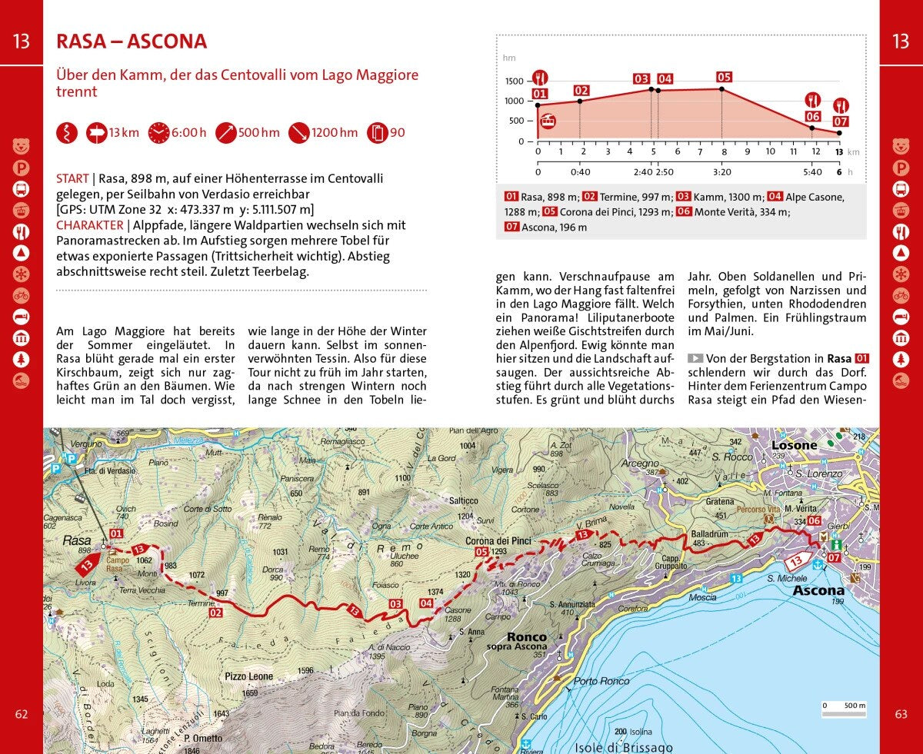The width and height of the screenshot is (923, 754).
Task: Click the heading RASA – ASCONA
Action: [132, 42]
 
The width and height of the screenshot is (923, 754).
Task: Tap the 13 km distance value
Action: [124, 132]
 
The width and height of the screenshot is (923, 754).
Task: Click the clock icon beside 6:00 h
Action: [158, 132]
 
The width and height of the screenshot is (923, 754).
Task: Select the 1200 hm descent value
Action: [335, 132]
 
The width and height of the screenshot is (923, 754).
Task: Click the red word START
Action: [72, 178]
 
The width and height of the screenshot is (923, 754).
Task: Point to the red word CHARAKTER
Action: [89, 225]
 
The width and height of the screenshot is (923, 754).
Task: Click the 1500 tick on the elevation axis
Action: [515, 81]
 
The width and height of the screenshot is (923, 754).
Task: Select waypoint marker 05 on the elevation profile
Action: [723, 77]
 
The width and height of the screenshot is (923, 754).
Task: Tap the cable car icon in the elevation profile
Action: [548, 121]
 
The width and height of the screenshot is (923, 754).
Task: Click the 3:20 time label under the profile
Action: [723, 172]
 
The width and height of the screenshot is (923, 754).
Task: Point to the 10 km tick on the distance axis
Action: [770, 152]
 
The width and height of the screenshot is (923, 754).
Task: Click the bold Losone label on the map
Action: [794, 445]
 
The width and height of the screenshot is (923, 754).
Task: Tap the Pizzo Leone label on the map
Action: [248, 676]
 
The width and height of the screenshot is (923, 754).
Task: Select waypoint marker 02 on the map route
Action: [215, 613]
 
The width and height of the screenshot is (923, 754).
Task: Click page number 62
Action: [22, 714]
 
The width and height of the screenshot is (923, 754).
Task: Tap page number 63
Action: [901, 714]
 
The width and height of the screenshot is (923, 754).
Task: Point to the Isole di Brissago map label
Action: [623, 747]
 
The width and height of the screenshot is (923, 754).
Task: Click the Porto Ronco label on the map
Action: [601, 681]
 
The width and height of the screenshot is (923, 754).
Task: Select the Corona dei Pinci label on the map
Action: [498, 541]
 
